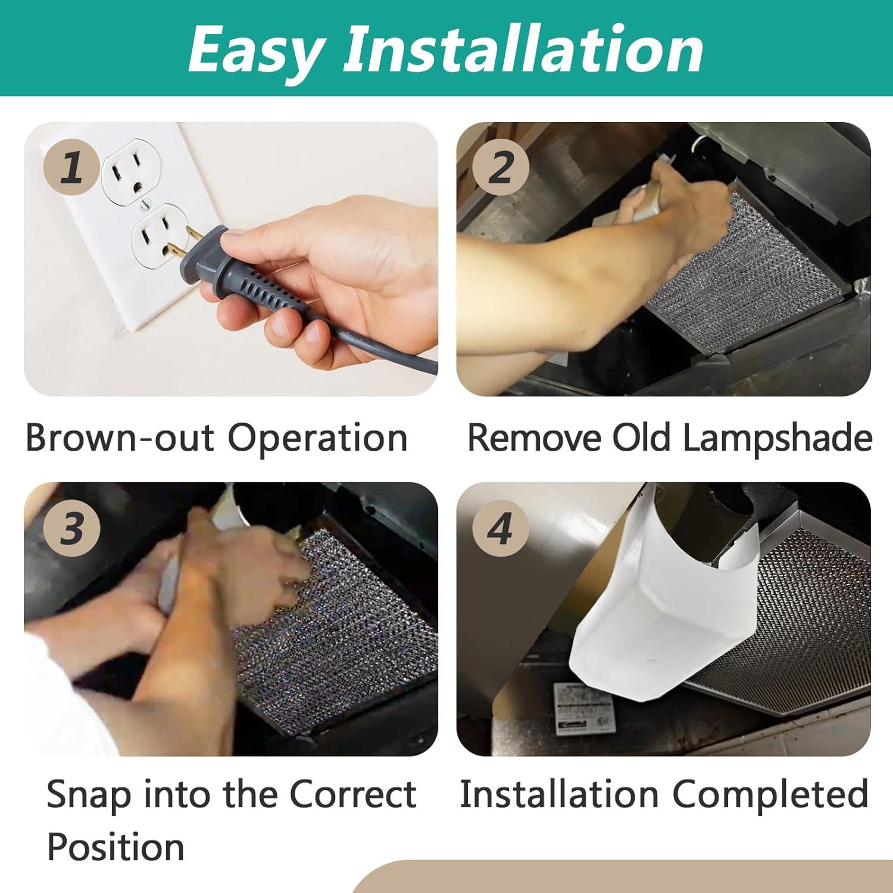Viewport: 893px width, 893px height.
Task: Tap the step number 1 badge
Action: pyautogui.click(x=72, y=167)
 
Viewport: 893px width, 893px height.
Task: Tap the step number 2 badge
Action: pyautogui.click(x=500, y=167)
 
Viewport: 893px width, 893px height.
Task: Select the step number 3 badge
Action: pyautogui.click(x=72, y=527)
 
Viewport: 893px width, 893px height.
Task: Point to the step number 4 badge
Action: pyautogui.click(x=500, y=527)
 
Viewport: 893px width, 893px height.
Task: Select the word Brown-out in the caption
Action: pyautogui.click(x=119, y=438)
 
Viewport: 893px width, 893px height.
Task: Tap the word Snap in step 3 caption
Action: pyautogui.click(x=89, y=795)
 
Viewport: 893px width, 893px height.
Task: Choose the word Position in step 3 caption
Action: pyautogui.click(x=115, y=847)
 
